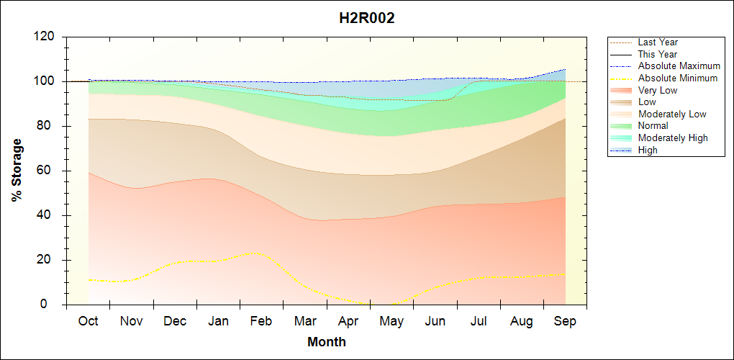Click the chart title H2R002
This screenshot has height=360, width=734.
(x=367, y=19)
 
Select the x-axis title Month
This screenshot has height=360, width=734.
(x=327, y=342)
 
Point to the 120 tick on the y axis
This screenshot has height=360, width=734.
(x=45, y=37)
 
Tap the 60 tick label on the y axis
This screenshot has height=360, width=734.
(x=48, y=171)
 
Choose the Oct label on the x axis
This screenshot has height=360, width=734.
(x=89, y=321)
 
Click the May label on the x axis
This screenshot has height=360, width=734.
(x=391, y=321)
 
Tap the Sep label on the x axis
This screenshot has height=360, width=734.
(x=565, y=321)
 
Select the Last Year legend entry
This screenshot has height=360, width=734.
(x=658, y=42)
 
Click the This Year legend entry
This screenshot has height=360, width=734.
(x=658, y=54)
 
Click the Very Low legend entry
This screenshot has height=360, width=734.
(x=658, y=90)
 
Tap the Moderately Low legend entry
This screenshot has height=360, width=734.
(x=672, y=114)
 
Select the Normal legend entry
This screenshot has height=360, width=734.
(x=653, y=126)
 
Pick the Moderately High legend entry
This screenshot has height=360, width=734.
(x=673, y=138)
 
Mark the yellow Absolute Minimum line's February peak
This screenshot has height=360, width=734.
(x=255, y=253)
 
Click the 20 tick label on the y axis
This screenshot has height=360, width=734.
(x=48, y=260)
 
